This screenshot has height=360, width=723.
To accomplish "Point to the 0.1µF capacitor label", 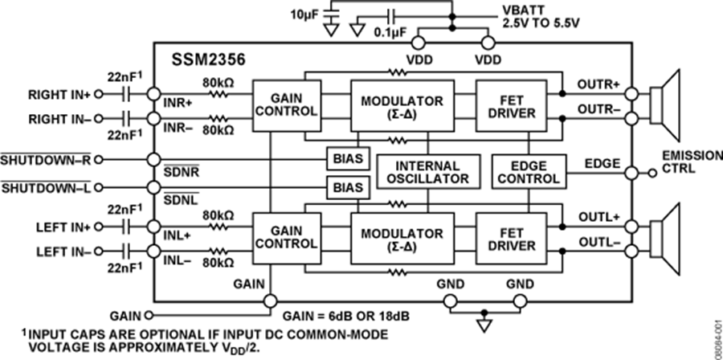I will pos(388,34).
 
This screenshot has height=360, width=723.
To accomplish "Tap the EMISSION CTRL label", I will pos(690,162).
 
